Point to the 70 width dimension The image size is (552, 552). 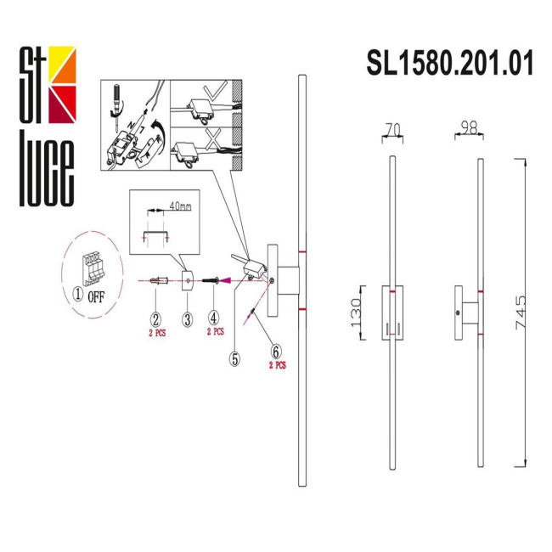[391, 129]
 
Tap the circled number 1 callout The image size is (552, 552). [76, 296]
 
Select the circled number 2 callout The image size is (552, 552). [155, 319]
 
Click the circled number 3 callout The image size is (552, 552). [186, 319]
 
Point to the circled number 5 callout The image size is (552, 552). [234, 358]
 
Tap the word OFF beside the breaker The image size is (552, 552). [95, 296]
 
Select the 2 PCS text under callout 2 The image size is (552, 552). [155, 333]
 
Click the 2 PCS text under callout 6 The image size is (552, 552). [277, 365]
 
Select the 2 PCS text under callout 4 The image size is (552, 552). [216, 332]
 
